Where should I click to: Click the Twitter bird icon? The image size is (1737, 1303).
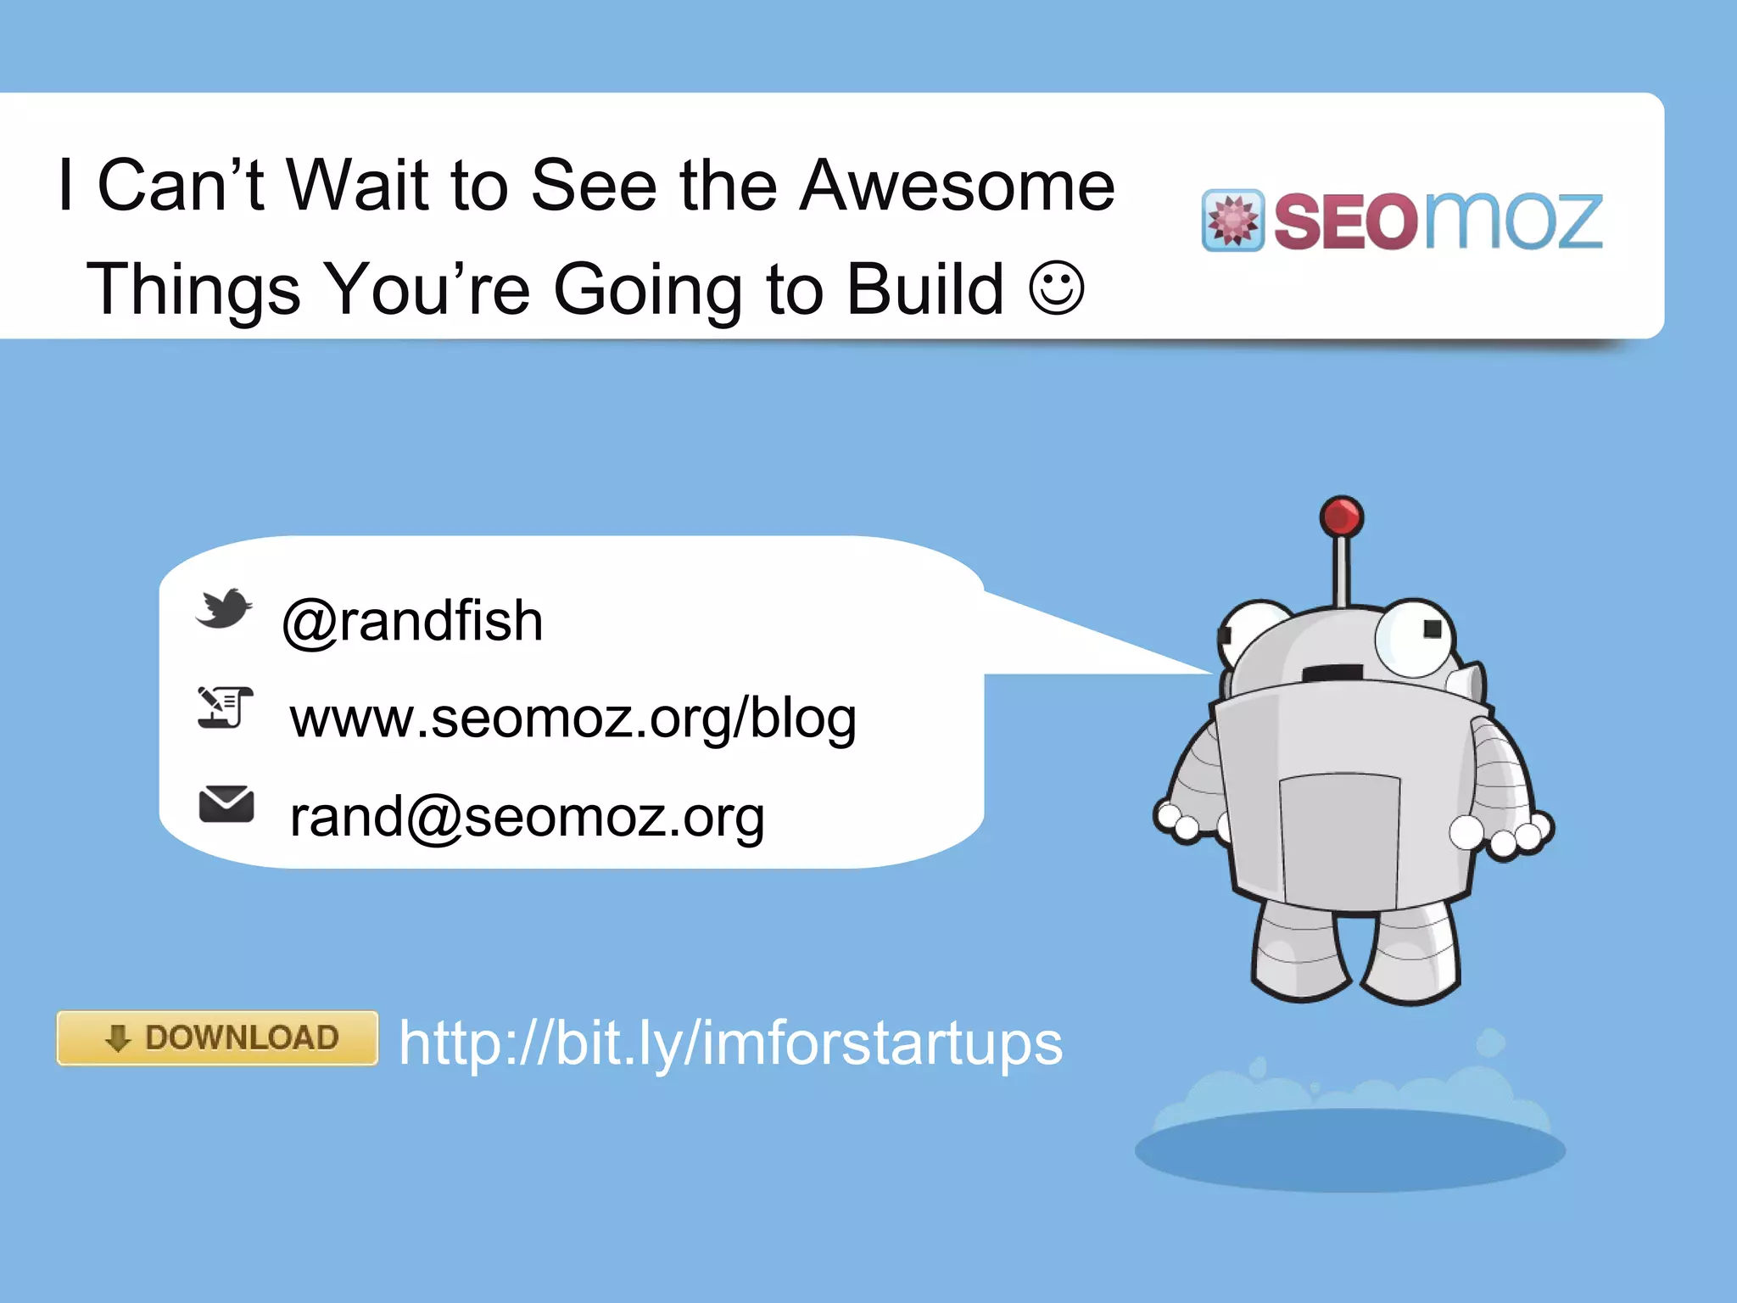point(224,608)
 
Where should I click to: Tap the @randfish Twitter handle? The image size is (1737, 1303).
point(412,621)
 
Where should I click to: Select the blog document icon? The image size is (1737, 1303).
point(225,707)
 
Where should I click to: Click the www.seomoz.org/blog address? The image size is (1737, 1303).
point(572,718)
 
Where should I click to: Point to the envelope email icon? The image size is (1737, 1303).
point(226,804)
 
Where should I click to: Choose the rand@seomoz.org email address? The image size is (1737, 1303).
point(527,816)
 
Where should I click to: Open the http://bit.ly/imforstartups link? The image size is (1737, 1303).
point(730,1043)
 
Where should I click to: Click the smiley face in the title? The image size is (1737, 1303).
point(1056,288)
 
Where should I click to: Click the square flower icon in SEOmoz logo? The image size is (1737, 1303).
point(1232,221)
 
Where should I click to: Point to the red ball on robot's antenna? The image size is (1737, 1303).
point(1341,516)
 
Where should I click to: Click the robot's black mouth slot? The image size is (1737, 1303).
point(1332,673)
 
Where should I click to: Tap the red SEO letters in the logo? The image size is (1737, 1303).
point(1345,222)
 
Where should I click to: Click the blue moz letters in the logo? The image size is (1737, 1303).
point(1514,221)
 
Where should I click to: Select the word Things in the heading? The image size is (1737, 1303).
point(193,288)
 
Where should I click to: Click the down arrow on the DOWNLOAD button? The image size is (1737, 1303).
point(118,1037)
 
